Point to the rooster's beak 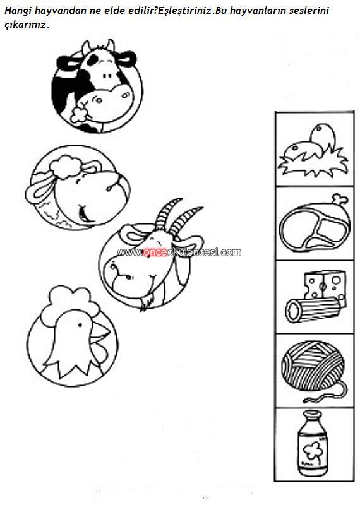[101, 333]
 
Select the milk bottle [312, 443]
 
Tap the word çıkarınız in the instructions [27, 25]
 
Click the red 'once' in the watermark [155, 252]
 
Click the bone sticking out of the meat [340, 199]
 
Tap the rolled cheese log [313, 309]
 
